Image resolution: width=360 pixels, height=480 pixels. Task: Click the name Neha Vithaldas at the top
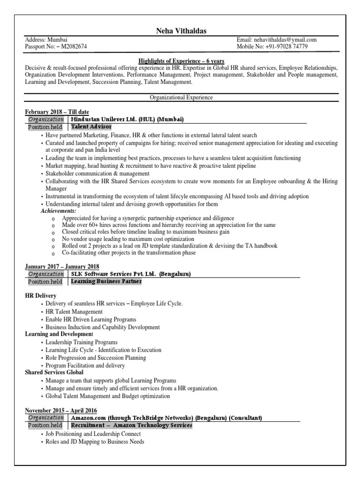click(x=181, y=31)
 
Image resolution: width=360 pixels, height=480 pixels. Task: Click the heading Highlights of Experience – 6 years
click(x=181, y=61)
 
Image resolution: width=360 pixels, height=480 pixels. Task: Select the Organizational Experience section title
click(x=181, y=97)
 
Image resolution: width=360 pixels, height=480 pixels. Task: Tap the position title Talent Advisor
click(x=91, y=127)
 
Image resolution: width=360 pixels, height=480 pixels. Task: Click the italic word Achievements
click(x=58, y=211)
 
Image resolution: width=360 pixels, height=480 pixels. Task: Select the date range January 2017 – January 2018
click(x=62, y=267)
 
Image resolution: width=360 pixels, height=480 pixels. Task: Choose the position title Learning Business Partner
click(x=106, y=282)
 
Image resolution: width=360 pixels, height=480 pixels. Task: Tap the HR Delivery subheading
click(x=41, y=296)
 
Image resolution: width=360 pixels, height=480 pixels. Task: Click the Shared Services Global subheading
click(x=54, y=372)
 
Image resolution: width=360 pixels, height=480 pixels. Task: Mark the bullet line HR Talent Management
click(x=74, y=312)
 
